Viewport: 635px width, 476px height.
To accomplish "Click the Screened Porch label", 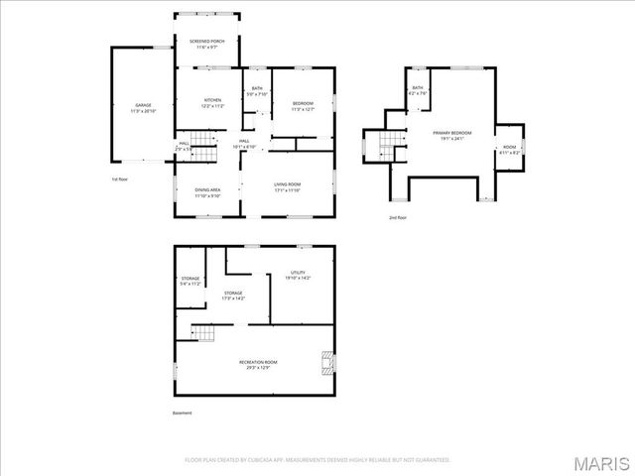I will pyautogui.click(x=207, y=44).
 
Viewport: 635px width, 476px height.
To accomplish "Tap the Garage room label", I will pyautogui.click(x=143, y=107).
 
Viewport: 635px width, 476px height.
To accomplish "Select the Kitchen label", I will pyautogui.click(x=212, y=103).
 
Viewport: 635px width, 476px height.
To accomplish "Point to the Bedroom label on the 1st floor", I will pyautogui.click(x=303, y=106).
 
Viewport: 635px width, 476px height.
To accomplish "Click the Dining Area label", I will pyautogui.click(x=207, y=192).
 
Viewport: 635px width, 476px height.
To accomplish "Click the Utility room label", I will pyautogui.click(x=298, y=275).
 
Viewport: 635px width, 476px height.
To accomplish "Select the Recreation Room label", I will pyautogui.click(x=257, y=365).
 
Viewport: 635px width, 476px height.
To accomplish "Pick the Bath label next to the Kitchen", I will pyautogui.click(x=257, y=92).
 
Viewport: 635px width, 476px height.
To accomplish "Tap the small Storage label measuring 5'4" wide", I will pyautogui.click(x=190, y=281).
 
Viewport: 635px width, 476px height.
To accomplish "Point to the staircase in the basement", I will pyautogui.click(x=203, y=332).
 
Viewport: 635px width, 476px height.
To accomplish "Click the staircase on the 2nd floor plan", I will pyautogui.click(x=386, y=147).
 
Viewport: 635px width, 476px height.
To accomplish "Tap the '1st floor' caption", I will pyautogui.click(x=120, y=178).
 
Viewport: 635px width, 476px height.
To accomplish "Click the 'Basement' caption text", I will pyautogui.click(x=182, y=413).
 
